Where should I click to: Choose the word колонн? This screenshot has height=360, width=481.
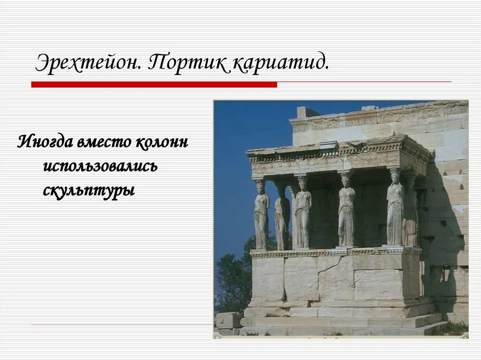click(x=162, y=141)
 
